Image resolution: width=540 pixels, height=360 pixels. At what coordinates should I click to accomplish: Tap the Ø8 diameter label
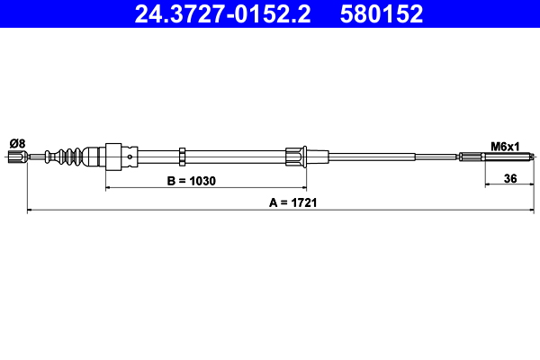click(16, 143)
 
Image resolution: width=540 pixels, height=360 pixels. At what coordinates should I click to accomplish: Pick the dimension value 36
click(509, 179)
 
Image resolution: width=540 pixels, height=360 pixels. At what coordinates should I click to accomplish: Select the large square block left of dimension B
click(114, 157)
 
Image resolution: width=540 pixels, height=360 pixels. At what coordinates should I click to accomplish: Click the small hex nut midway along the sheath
click(182, 157)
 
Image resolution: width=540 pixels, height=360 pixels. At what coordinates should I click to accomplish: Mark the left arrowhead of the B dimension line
click(109, 187)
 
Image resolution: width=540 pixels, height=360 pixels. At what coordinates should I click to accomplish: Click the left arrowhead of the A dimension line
click(31, 211)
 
